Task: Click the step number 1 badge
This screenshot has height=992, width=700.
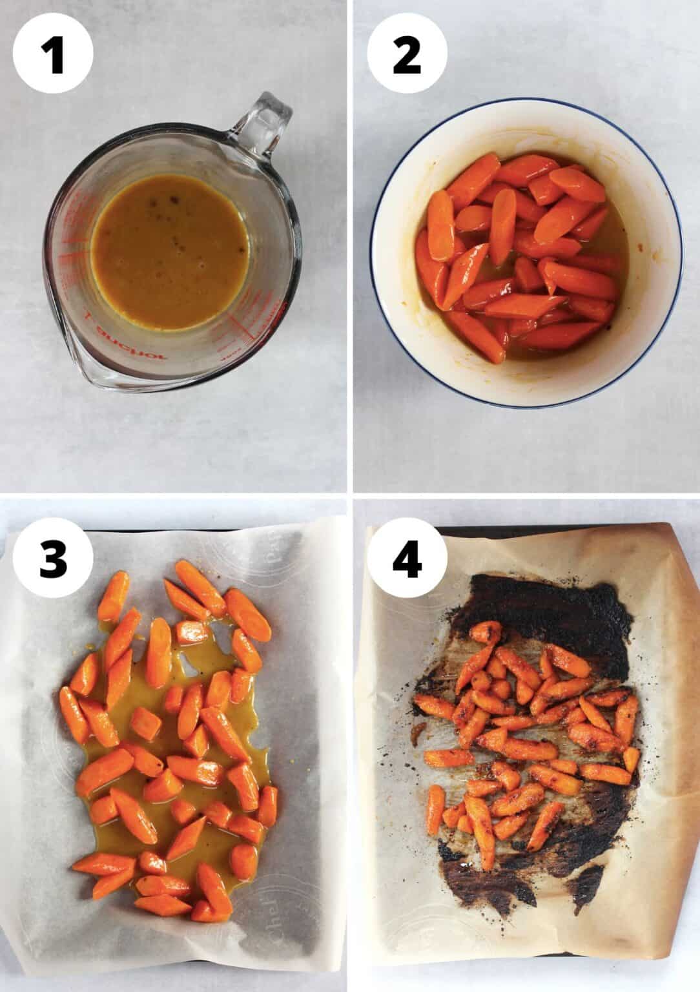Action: coord(54,54)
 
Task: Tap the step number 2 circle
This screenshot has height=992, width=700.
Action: coord(406,54)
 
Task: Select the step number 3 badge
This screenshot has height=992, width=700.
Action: coord(54,559)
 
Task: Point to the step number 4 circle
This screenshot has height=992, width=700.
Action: coord(406,559)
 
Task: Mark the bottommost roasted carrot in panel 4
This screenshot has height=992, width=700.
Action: coord(485,852)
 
